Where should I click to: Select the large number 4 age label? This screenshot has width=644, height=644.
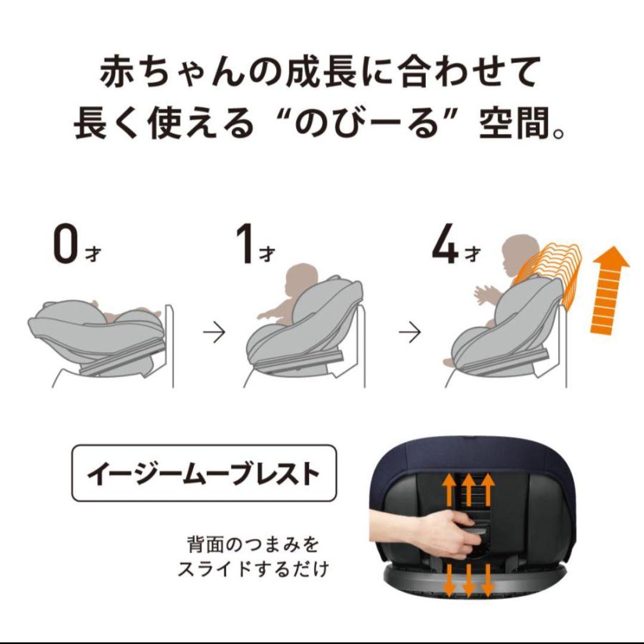(444, 244)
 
